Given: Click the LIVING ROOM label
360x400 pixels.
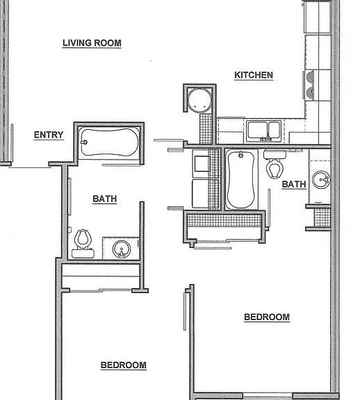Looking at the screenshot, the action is (92, 43).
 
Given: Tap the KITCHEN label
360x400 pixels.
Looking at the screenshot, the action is (254, 75).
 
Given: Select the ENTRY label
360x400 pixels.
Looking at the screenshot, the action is (49, 135).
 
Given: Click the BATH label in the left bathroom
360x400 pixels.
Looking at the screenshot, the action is (105, 199).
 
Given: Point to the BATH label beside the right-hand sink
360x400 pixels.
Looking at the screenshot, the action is (294, 184).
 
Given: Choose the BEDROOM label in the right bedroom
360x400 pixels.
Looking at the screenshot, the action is (267, 317).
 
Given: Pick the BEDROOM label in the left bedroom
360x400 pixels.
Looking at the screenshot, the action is (124, 365).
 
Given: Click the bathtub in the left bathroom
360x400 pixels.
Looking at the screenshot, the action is (109, 142).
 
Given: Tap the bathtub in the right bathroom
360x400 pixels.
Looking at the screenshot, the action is (240, 179).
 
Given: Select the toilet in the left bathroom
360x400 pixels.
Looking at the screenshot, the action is (83, 244).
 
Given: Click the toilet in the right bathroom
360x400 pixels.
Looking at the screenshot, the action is (275, 164).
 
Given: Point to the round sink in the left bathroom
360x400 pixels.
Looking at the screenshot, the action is (122, 249).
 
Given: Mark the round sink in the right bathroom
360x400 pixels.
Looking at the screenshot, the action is (322, 180).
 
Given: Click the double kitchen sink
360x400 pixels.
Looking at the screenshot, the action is (264, 131).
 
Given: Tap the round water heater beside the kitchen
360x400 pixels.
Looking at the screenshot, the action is (199, 101).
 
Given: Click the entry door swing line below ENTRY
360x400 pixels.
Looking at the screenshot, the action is (30, 167).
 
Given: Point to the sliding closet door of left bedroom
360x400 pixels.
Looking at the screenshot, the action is (101, 290).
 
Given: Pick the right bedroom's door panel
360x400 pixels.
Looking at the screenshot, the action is (185, 311).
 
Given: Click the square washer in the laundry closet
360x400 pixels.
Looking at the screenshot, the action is (202, 163).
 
